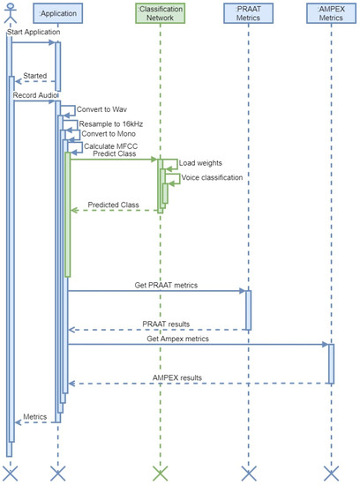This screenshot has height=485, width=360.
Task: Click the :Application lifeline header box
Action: [x=57, y=14]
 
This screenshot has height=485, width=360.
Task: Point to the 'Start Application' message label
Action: [x=33, y=34]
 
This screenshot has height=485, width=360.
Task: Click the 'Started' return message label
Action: [x=35, y=76]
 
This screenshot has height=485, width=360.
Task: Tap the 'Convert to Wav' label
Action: [x=101, y=110]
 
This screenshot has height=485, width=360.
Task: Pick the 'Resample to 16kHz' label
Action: [x=110, y=124]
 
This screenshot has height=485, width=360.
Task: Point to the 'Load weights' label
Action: [x=200, y=163]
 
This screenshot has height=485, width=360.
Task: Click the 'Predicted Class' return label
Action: [x=114, y=205]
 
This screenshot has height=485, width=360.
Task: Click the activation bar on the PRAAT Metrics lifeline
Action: [x=248, y=310]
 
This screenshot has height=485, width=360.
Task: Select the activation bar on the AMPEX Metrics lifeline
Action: [x=332, y=362]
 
